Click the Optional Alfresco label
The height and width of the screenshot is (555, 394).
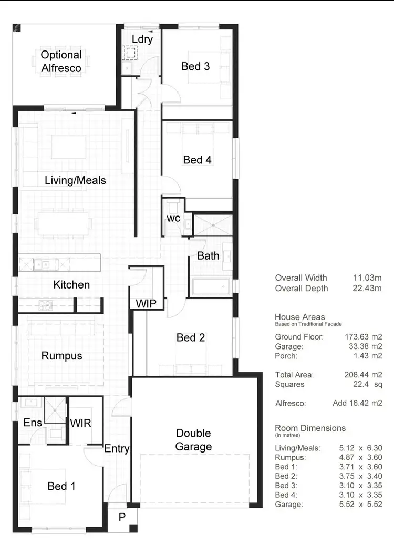[x=61, y=61]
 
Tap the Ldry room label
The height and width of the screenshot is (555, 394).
[x=142, y=39]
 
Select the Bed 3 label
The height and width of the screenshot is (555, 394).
[x=195, y=66]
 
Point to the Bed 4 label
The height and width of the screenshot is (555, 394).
[x=197, y=159]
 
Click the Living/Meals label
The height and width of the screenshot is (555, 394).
[x=75, y=180]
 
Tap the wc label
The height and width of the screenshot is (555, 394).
[x=174, y=218]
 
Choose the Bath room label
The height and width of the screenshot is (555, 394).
[x=208, y=256]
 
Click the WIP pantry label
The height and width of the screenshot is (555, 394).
[x=146, y=303]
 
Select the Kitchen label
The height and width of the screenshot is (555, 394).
[x=71, y=284]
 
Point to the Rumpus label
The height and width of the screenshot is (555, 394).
[x=61, y=355]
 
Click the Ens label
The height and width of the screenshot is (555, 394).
[x=33, y=423]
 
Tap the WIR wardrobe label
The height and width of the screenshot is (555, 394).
[x=80, y=423]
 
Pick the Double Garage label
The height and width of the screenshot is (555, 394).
[x=193, y=440]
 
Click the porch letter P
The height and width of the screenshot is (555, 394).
[x=122, y=517]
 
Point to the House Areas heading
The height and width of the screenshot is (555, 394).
[x=299, y=317]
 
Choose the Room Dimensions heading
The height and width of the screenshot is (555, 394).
[x=310, y=428]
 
